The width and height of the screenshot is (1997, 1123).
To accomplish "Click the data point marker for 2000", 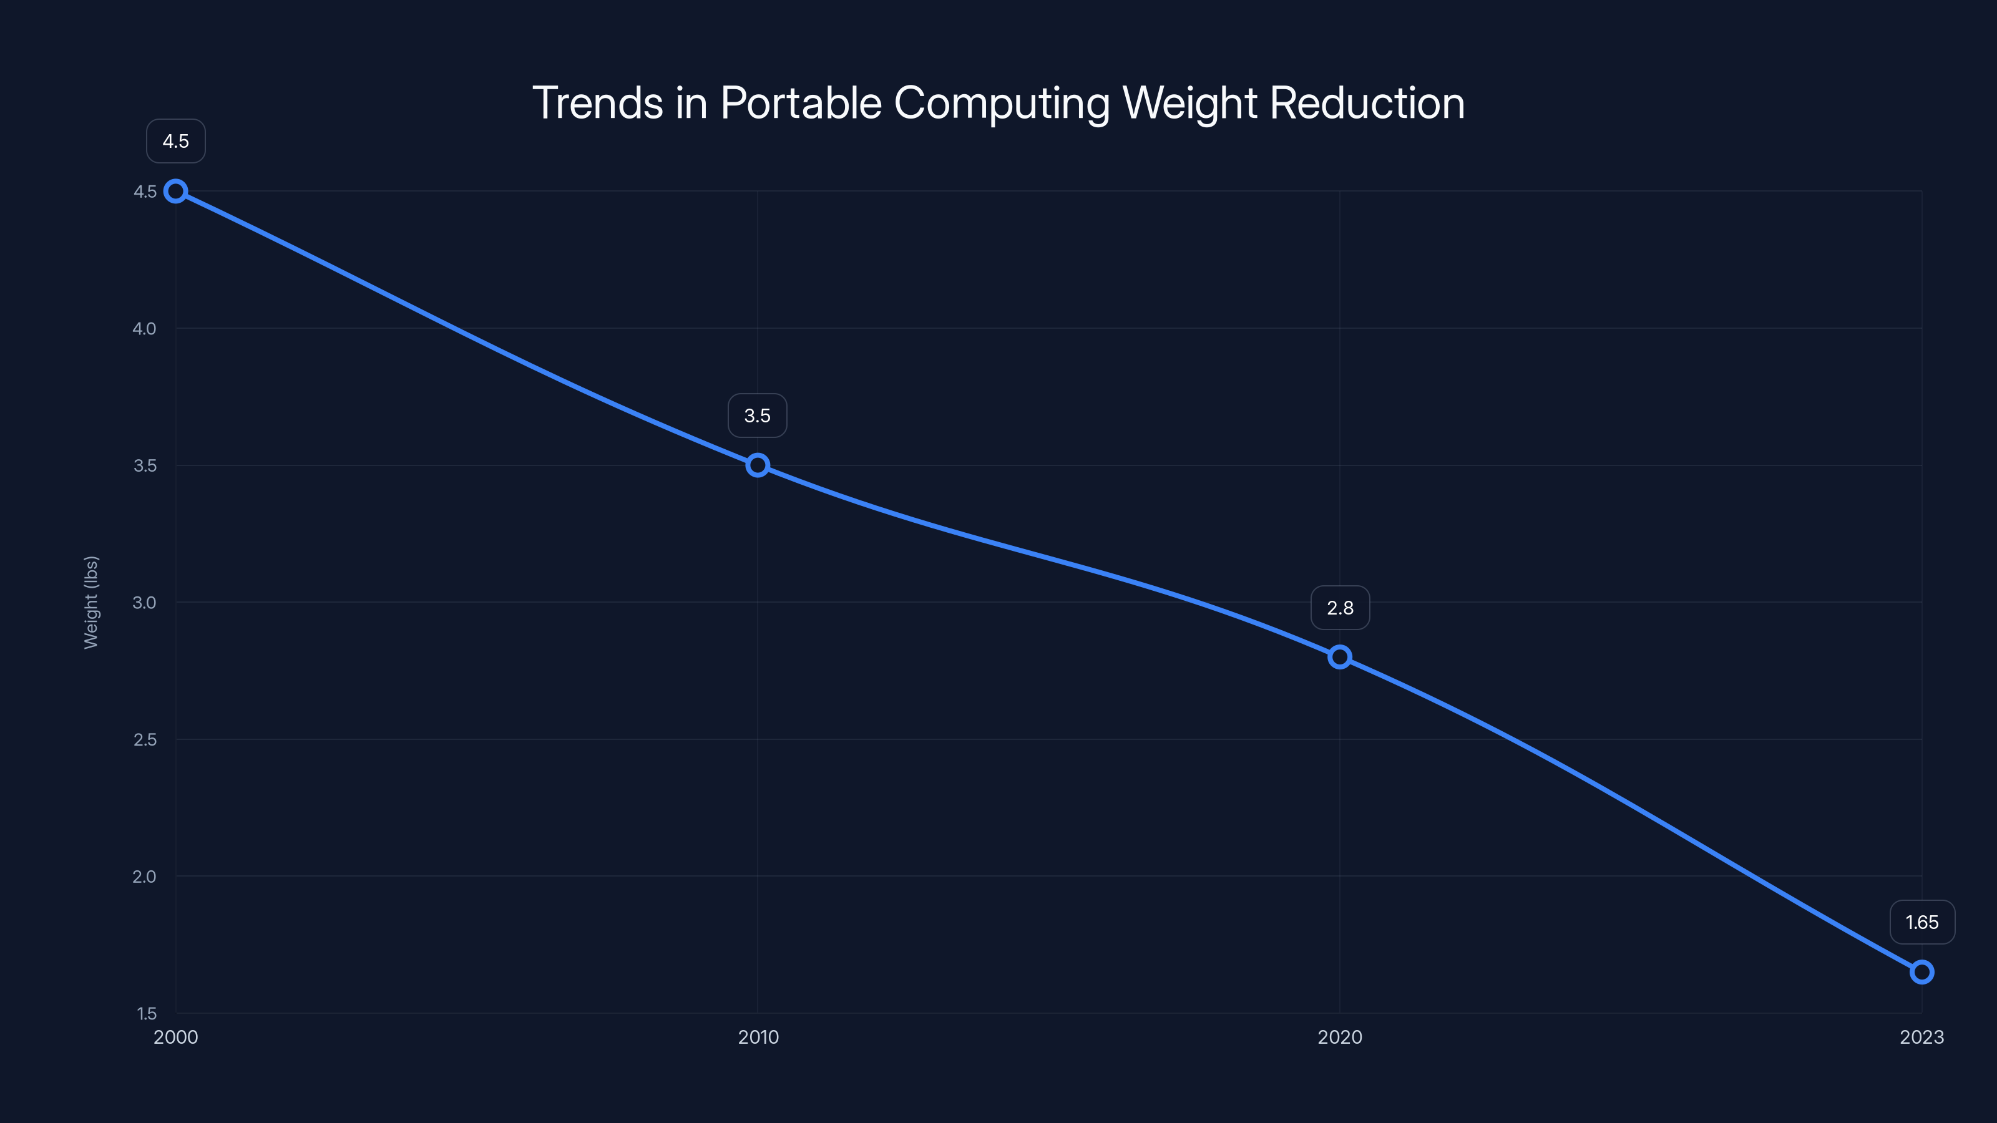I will click(x=176, y=192).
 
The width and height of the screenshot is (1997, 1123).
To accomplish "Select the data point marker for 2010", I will click(x=758, y=466).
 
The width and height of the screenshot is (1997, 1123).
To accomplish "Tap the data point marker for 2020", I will click(x=1340, y=657).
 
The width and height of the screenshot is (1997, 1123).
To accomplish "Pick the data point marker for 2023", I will click(x=1922, y=972).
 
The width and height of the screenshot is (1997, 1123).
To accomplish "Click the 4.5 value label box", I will click(x=176, y=141).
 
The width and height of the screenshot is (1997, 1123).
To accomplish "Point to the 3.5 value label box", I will click(x=758, y=416).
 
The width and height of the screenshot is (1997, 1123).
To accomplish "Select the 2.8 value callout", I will click(x=1340, y=608).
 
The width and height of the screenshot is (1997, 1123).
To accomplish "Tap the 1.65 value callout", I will click(x=1922, y=922).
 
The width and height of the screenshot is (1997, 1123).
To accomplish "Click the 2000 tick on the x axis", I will click(x=176, y=1037).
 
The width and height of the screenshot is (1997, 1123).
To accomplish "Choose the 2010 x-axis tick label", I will click(x=758, y=1037).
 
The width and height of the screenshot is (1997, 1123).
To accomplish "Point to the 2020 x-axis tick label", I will click(x=1340, y=1037).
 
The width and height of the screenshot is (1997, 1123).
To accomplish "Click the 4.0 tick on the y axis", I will click(x=144, y=329).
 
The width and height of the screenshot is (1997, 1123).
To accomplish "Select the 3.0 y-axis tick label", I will click(x=144, y=603).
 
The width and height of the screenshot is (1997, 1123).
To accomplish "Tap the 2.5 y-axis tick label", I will click(x=144, y=739).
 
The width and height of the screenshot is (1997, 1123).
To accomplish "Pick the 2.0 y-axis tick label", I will click(x=144, y=877).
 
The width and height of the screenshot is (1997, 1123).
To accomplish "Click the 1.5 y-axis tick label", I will click(x=147, y=1014).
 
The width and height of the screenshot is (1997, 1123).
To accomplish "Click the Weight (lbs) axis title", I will click(x=92, y=602).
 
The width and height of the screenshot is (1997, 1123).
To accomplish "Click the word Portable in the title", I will click(x=801, y=103).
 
